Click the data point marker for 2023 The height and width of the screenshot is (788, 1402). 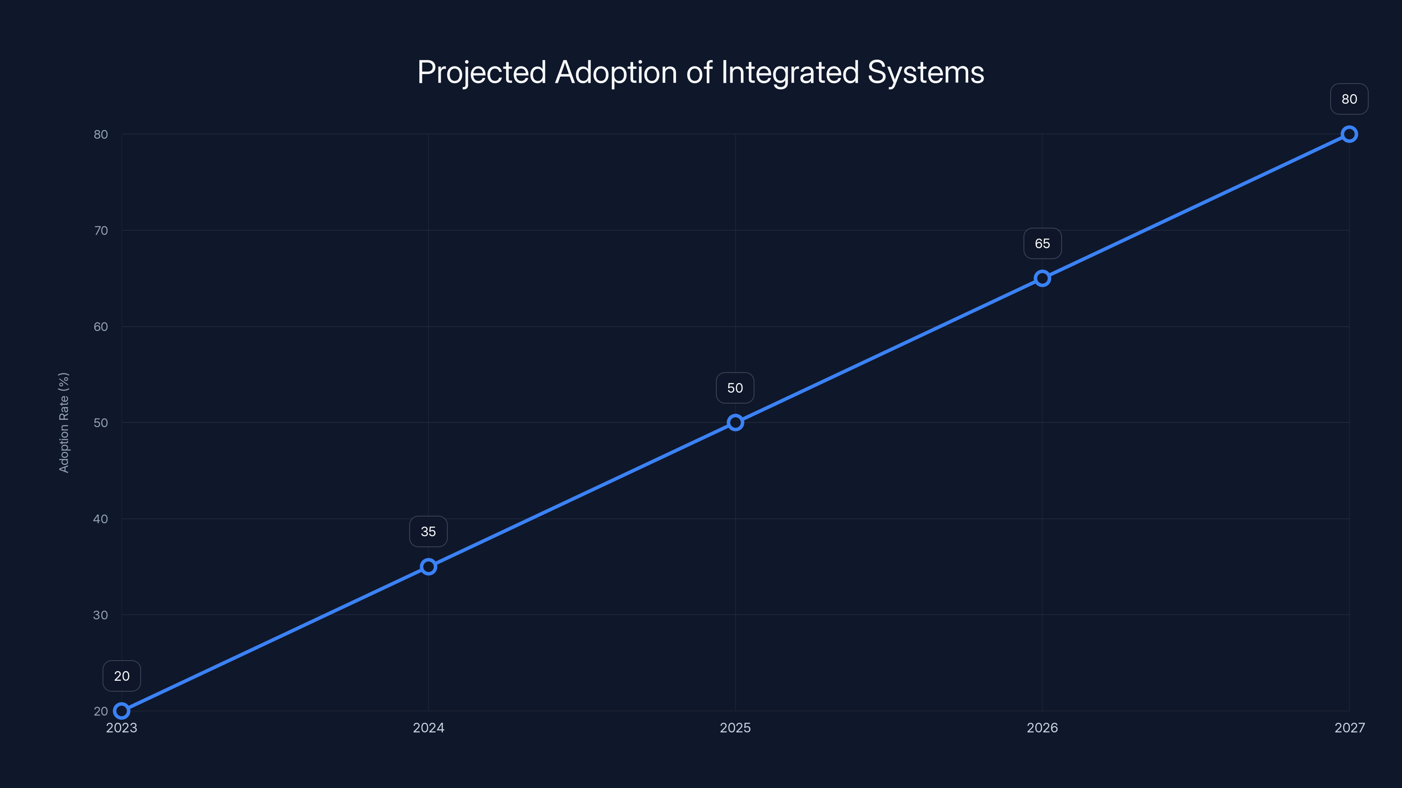pos(121,711)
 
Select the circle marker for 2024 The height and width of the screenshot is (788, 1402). pos(428,566)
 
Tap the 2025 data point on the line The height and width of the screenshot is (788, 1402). pos(735,422)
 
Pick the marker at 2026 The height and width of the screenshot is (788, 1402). pos(1042,278)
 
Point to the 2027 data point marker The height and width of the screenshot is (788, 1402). pos(1349,134)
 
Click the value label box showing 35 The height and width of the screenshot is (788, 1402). pos(428,531)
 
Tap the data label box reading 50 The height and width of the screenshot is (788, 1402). pos(735,388)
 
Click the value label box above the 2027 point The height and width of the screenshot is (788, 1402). pos(1349,99)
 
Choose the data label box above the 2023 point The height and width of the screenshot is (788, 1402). pos(121,676)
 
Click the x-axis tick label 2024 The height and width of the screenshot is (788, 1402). pos(428,728)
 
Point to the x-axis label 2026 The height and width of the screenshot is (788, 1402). pos(1042,728)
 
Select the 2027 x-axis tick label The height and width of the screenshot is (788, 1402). pos(1349,728)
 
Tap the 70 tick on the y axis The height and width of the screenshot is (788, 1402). pos(101,231)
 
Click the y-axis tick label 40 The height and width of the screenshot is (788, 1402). pos(101,519)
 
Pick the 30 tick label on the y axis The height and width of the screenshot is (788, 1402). pos(101,615)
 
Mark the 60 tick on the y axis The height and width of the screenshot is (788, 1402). pos(101,327)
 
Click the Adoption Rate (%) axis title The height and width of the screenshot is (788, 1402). pos(64,422)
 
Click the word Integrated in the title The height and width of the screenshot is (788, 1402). pos(790,73)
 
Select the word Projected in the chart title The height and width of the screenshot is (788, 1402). pos(481,73)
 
